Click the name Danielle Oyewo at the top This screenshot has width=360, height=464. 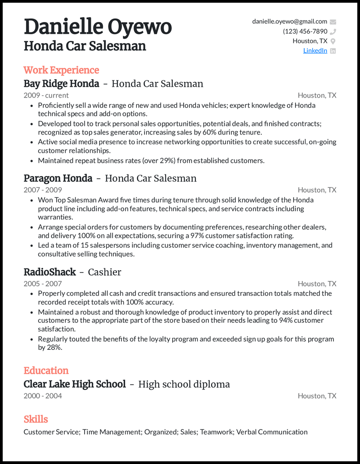(x=97, y=27)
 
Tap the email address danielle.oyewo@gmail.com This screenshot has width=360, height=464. (x=289, y=22)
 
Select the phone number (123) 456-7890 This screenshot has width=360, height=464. (x=305, y=31)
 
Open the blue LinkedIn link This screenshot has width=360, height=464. (x=315, y=50)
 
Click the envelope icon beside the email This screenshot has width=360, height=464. (x=333, y=22)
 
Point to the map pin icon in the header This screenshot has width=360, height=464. (x=333, y=41)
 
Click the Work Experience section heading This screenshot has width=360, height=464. (x=61, y=70)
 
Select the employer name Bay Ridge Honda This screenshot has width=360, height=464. (x=61, y=84)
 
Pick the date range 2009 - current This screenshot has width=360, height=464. (x=46, y=95)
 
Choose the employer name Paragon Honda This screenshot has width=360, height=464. (x=58, y=178)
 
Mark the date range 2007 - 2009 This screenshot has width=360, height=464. (x=43, y=190)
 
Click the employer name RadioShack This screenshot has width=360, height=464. (x=49, y=272)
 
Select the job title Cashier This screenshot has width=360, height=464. (x=104, y=272)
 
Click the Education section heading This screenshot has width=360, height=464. (x=46, y=370)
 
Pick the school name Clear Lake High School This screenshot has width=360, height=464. (x=74, y=384)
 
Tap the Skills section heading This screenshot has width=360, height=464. (x=36, y=419)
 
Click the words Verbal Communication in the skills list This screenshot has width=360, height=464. (x=272, y=432)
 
